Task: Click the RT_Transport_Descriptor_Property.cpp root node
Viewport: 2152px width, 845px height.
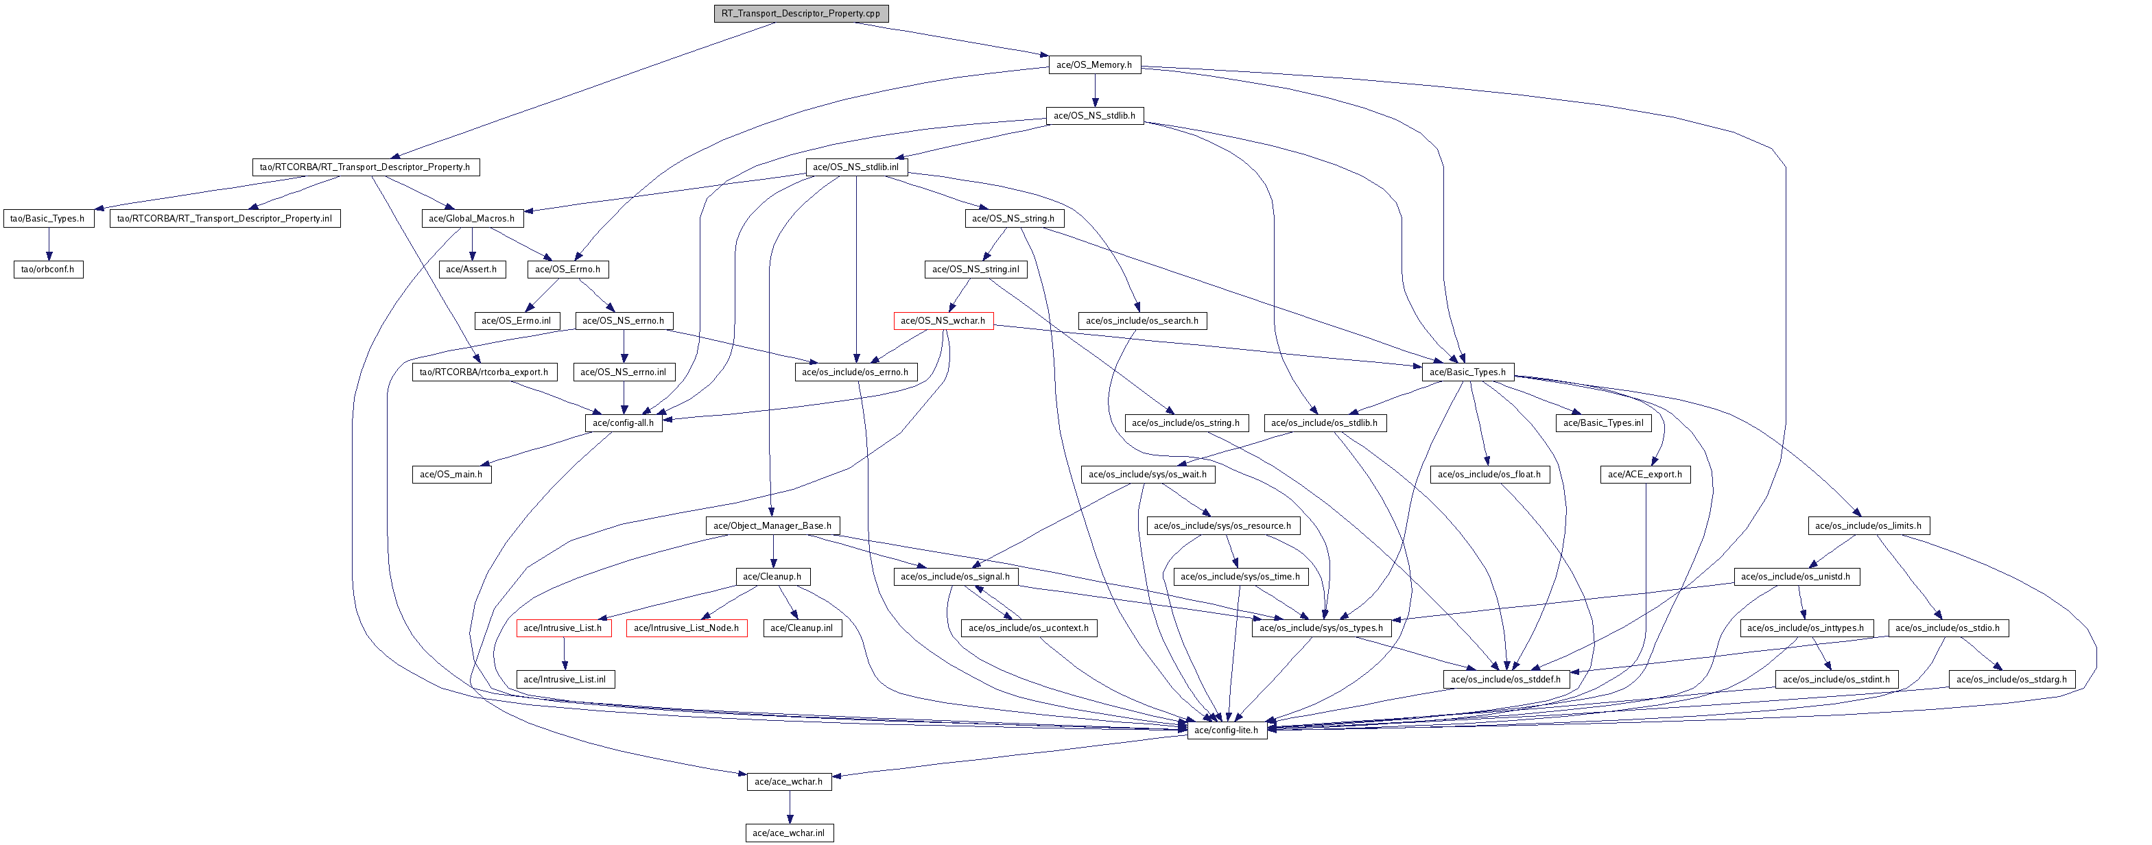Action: pos(801,13)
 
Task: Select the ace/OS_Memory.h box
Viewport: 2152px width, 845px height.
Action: pos(1093,64)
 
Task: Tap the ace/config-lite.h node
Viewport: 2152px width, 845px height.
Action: pos(1225,730)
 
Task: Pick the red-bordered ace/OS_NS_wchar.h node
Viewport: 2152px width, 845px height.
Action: pos(943,320)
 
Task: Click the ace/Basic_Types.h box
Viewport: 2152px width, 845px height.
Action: pos(1467,372)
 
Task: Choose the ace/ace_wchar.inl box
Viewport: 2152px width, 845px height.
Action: pos(789,833)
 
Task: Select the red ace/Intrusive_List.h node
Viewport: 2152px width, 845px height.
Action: pos(563,628)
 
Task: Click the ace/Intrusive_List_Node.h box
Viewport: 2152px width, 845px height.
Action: pos(686,628)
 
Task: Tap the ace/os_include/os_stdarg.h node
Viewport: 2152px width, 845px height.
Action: pos(2011,679)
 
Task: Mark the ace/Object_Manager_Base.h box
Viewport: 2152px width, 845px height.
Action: pos(772,525)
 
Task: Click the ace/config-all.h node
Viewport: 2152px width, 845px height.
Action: pos(622,422)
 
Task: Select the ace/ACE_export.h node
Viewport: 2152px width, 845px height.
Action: pos(1645,474)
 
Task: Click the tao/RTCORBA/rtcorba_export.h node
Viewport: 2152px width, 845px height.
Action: pos(484,372)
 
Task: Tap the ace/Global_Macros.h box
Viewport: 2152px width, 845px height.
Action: pos(471,218)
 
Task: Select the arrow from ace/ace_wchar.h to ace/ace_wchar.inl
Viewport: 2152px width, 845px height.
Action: pos(789,807)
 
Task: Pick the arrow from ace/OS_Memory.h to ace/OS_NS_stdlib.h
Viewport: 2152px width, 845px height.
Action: pos(1094,89)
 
